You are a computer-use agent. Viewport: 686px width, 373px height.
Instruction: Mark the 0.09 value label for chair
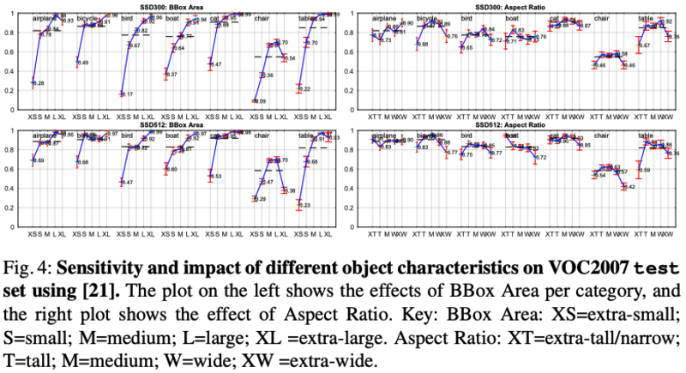tap(261, 101)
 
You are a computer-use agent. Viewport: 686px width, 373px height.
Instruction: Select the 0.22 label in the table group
tap(305, 89)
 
